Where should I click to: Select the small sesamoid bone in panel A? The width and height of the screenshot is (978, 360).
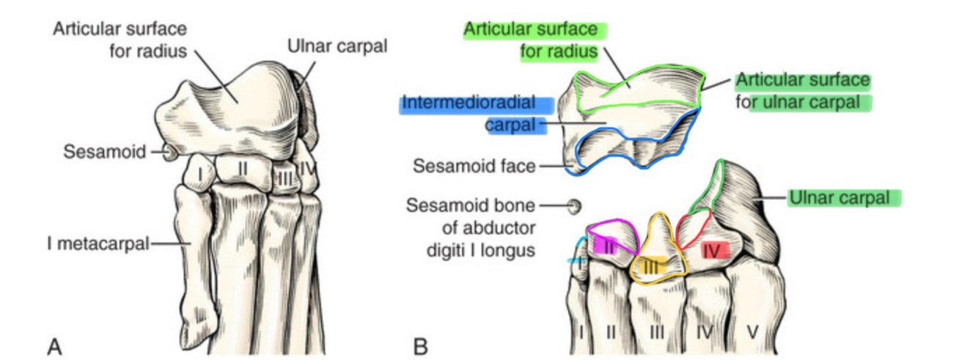pyautogui.click(x=169, y=153)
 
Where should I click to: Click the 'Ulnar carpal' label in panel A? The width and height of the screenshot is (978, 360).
pyautogui.click(x=337, y=46)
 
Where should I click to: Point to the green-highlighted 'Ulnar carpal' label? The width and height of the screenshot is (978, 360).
pyautogui.click(x=842, y=198)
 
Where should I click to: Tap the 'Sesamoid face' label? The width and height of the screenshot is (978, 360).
pyautogui.click(x=474, y=166)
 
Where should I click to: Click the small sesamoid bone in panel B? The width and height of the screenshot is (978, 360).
pyautogui.click(x=574, y=207)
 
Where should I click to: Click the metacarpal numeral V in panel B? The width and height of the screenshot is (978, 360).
pyautogui.click(x=752, y=331)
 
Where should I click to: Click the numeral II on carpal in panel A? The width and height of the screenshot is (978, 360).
pyautogui.click(x=243, y=169)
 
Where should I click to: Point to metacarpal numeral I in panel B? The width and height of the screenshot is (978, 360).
pyautogui.click(x=581, y=331)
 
